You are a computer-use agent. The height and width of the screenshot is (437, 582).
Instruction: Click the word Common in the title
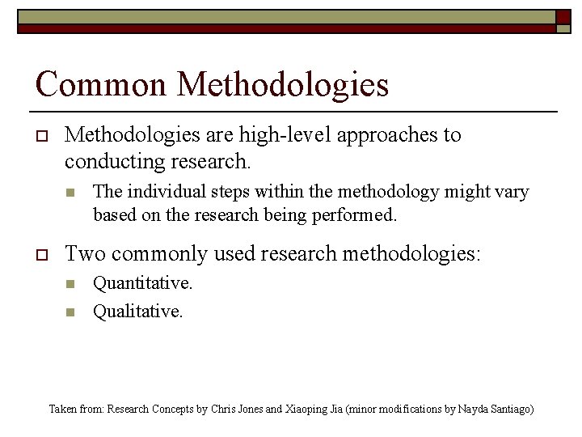pyautogui.click(x=101, y=85)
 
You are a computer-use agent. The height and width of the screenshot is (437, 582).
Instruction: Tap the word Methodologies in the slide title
pyautogui.click(x=283, y=85)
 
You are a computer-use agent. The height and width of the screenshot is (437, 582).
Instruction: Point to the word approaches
pyautogui.click(x=381, y=135)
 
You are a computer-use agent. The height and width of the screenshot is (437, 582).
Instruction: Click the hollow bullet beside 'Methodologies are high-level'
pyautogui.click(x=42, y=135)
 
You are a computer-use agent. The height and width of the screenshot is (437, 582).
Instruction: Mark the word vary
pyautogui.click(x=512, y=193)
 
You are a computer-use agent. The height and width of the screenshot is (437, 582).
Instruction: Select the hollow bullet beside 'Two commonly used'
pyautogui.click(x=42, y=254)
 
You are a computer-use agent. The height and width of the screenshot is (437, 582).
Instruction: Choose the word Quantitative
pyautogui.click(x=143, y=283)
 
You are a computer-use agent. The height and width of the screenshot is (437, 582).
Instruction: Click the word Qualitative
pyautogui.click(x=138, y=311)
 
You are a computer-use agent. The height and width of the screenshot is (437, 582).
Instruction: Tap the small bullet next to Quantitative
pyautogui.click(x=70, y=284)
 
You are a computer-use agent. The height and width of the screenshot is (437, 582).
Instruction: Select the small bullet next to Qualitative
pyautogui.click(x=70, y=312)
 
